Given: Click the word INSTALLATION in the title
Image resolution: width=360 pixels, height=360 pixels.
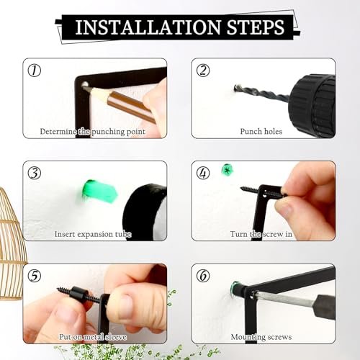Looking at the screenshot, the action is [x=148, y=27].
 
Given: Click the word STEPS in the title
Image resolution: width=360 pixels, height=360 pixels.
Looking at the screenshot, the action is [x=256, y=27].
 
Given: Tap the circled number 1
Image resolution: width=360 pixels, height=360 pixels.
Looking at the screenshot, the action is [x=35, y=71].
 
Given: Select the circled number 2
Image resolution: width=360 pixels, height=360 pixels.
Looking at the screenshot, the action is [x=203, y=71].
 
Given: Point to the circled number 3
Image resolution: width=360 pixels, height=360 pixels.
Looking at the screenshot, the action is [x=35, y=174].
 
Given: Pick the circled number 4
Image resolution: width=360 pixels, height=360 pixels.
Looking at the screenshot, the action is [x=203, y=174].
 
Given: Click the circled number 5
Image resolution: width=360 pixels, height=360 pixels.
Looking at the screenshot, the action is [x=35, y=276].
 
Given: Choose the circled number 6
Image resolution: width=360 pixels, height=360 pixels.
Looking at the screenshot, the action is [x=203, y=276].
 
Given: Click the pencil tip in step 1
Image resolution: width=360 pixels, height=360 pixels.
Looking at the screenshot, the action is [x=84, y=87].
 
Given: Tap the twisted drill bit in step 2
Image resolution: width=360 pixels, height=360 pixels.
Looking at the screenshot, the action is [x=261, y=92].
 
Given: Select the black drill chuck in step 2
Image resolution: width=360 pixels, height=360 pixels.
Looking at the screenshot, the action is [x=312, y=106].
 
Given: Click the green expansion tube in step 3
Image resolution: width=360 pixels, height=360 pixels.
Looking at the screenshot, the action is [x=100, y=192].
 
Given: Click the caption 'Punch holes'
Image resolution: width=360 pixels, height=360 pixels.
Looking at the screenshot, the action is [x=261, y=132].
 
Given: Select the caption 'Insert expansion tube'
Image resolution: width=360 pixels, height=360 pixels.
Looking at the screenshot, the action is [x=93, y=234].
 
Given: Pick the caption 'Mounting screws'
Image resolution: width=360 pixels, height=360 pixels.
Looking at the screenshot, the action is [x=261, y=337].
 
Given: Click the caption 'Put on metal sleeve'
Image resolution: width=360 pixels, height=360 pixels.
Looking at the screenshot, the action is [x=93, y=337].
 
